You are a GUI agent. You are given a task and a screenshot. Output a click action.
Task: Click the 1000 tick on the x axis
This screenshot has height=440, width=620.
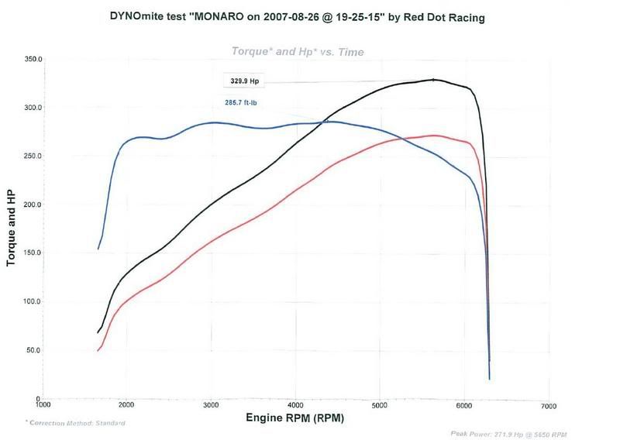pyautogui.click(x=43, y=405)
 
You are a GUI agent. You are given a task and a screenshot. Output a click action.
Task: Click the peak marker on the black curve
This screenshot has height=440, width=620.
pyautogui.click(x=433, y=80)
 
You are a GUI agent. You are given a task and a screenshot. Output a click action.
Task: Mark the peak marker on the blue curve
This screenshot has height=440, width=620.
pyautogui.click(x=325, y=122)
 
